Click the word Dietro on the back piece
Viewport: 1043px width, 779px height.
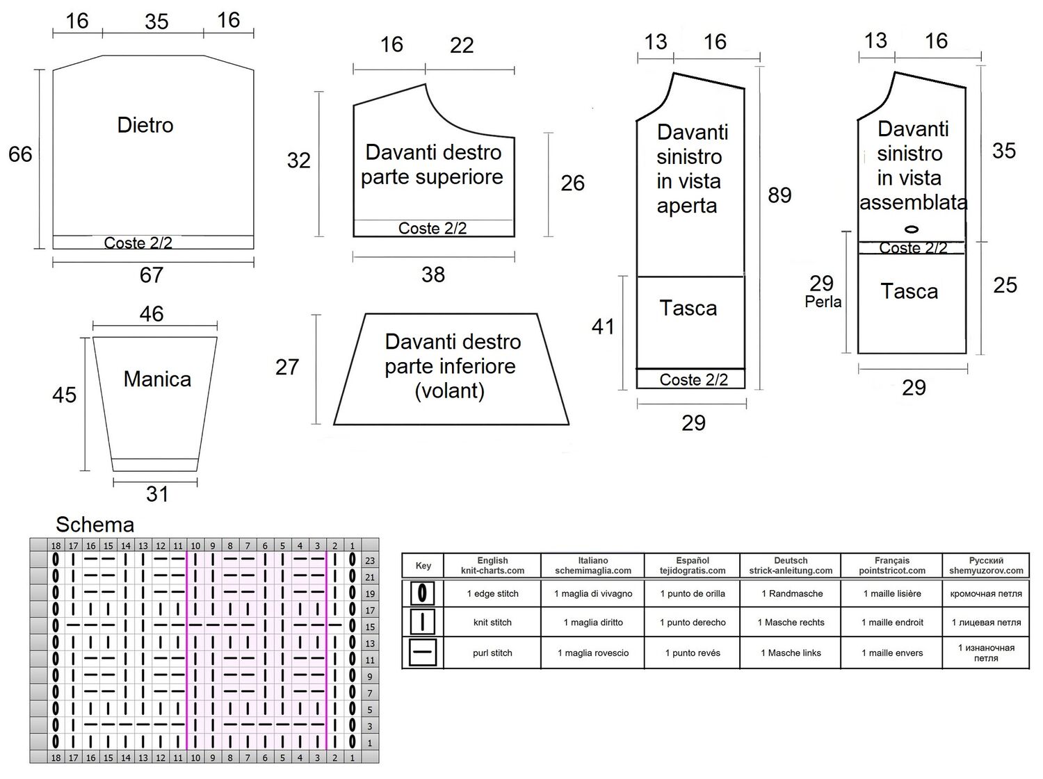tap(145, 125)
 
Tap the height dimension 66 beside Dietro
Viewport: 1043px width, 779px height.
tap(20, 154)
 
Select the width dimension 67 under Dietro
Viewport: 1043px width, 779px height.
tap(152, 275)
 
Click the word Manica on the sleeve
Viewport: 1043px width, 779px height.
tap(157, 379)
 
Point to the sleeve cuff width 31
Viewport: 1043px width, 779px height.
tap(157, 494)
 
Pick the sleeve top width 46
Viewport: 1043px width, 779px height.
tap(152, 314)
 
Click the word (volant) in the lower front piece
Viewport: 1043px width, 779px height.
tap(449, 391)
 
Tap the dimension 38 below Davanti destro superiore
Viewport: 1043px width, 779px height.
tap(433, 274)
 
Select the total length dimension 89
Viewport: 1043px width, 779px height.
tap(779, 195)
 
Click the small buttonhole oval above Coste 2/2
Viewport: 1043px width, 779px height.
tap(911, 229)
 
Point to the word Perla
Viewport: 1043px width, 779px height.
tap(823, 302)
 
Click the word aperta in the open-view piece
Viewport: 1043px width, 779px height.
tap(686, 206)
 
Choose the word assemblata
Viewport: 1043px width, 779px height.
tap(913, 203)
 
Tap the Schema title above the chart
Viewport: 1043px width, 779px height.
tap(95, 525)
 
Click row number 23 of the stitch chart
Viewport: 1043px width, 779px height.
tap(370, 561)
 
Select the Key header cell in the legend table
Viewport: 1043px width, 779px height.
tap(423, 566)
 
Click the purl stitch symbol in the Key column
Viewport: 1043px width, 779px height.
tap(423, 652)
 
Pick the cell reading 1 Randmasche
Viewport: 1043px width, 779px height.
tap(790, 593)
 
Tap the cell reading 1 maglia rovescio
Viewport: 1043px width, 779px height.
tap(593, 653)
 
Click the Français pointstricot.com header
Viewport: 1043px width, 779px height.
tap(891, 566)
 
